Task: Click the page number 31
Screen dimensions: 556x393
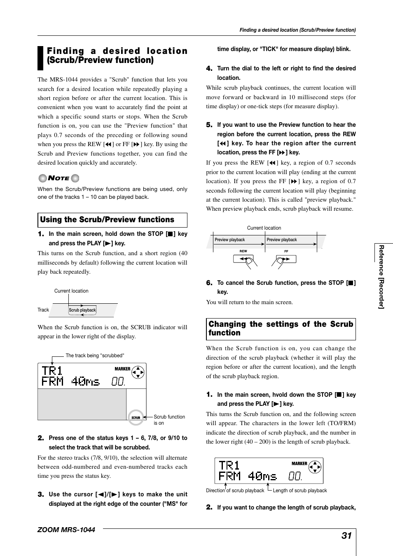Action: point(346,535)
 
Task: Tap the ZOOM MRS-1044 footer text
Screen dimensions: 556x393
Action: point(66,530)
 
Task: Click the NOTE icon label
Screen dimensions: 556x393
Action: point(58,178)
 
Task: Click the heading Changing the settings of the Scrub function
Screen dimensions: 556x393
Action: point(281,329)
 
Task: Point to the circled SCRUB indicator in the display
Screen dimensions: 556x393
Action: point(136,417)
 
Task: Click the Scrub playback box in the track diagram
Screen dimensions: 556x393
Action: point(82,310)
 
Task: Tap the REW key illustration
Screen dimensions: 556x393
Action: point(243,259)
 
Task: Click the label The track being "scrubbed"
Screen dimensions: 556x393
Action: point(95,356)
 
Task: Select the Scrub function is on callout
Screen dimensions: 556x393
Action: point(169,420)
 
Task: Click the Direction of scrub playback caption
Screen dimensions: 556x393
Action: point(235,491)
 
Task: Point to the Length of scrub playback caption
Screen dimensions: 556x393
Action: point(299,491)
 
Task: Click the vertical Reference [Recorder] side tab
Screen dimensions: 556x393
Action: point(381,277)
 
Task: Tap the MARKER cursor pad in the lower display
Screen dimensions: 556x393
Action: point(315,467)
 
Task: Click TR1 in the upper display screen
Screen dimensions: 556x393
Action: point(52,370)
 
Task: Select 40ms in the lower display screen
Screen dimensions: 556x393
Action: point(262,476)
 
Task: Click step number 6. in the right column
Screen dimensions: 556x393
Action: point(209,283)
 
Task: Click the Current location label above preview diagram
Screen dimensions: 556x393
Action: point(264,228)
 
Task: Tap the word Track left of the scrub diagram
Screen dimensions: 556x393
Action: point(43,310)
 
